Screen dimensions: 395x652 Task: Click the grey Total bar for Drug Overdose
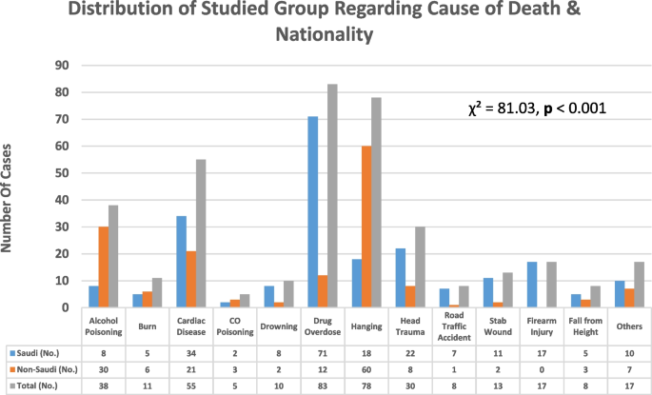(332, 196)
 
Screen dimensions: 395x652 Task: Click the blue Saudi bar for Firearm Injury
(530, 285)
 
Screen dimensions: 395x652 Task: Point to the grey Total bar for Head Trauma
(421, 267)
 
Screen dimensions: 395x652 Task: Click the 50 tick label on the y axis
(63, 173)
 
